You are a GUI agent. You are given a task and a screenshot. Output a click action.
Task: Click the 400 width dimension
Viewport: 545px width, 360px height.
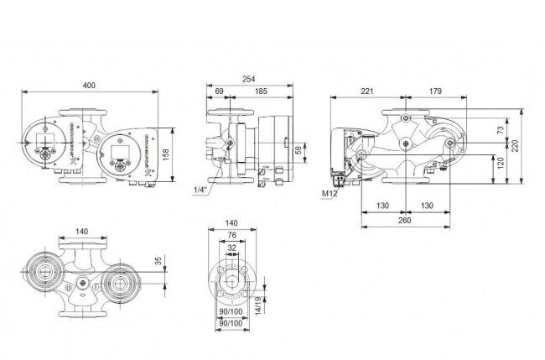[89, 86]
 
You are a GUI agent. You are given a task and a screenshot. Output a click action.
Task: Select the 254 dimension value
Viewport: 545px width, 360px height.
[248, 80]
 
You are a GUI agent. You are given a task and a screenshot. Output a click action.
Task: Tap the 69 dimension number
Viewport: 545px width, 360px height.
[219, 91]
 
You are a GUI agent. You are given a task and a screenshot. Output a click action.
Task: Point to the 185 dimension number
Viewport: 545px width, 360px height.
[261, 91]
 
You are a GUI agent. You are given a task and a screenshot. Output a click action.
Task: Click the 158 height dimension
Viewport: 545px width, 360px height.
[166, 154]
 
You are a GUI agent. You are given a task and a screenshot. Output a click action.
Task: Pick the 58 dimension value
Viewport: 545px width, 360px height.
[298, 150]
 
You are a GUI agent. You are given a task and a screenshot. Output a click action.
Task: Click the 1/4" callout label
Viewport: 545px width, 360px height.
[200, 190]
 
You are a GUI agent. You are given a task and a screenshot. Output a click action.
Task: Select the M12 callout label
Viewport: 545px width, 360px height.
[330, 194]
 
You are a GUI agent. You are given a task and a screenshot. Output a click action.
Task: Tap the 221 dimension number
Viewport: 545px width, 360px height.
[366, 91]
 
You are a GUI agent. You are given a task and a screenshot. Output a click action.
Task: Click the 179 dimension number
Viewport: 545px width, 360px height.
[435, 91]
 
